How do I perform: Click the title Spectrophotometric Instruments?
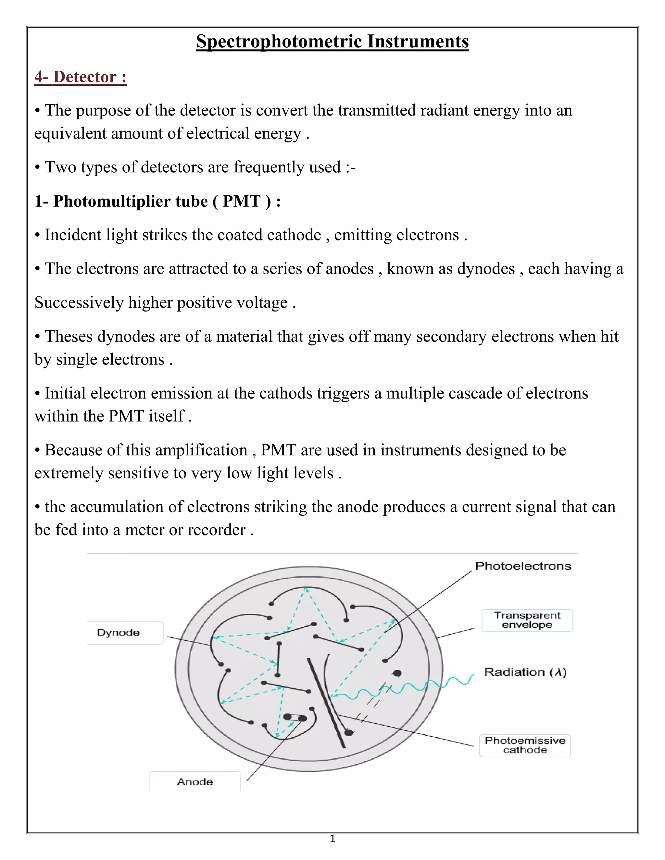(332, 41)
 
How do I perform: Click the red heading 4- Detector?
(81, 77)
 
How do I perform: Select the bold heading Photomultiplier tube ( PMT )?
(157, 201)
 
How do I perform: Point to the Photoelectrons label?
(523, 566)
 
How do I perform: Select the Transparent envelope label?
(527, 620)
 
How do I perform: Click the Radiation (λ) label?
(525, 672)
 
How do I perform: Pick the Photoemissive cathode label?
(525, 745)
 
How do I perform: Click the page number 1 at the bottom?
(332, 839)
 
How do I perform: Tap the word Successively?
(79, 302)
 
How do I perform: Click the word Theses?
(69, 337)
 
